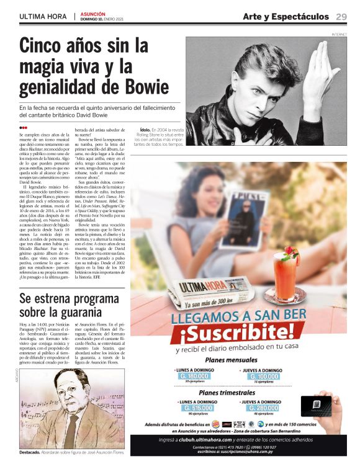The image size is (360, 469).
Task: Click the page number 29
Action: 341,16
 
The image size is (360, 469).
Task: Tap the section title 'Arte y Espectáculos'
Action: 286,16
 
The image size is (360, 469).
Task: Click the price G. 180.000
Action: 194,376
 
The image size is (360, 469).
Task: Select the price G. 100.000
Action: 264,376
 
